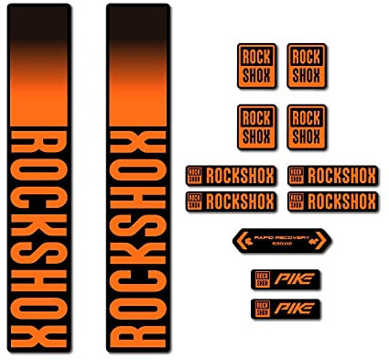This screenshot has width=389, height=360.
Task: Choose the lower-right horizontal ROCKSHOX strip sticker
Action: coord(332,200)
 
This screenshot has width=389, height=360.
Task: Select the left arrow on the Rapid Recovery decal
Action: coord(242,242)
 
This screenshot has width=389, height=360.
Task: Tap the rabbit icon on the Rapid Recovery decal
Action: coord(317,242)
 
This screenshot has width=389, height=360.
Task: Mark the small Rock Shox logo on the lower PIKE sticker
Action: coord(264,308)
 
